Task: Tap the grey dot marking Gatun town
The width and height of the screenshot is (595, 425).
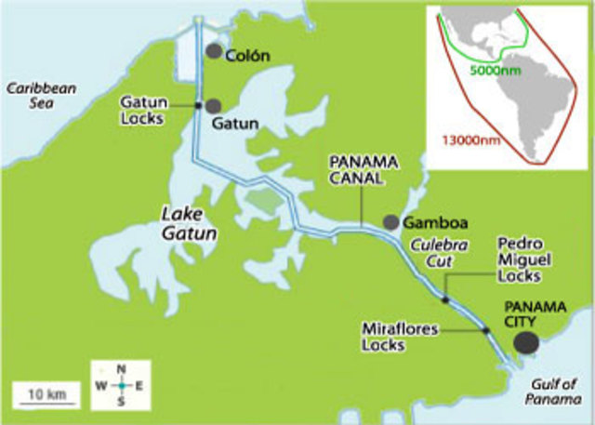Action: click(214, 105)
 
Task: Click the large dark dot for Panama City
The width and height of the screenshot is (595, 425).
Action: click(526, 341)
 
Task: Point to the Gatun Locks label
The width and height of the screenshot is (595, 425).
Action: click(144, 109)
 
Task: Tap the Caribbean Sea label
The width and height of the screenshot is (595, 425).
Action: click(41, 97)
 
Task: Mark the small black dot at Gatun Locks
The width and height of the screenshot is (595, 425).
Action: click(197, 105)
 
